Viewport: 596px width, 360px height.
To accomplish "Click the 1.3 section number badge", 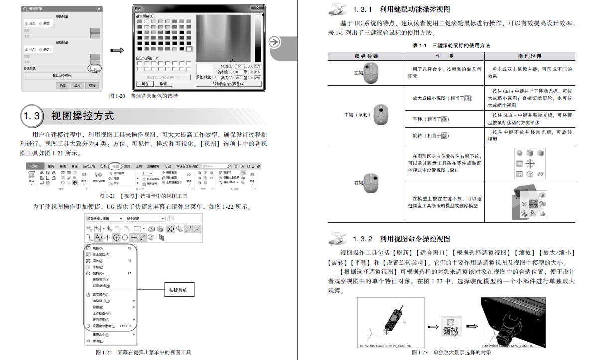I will coord(32,116).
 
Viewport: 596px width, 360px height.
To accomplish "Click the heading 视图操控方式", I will coord(83,116).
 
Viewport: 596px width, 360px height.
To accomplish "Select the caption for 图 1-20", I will coord(143,96).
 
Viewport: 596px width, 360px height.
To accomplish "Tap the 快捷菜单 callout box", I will coord(178,290).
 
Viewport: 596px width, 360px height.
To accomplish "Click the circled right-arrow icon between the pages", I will coord(274,42).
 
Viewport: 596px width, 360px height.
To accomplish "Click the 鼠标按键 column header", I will coord(366,56).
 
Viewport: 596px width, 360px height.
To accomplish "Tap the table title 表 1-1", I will coord(451,46).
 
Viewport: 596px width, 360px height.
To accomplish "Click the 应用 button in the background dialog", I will coord(77,85).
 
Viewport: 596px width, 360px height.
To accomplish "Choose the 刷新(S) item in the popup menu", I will coord(98,248).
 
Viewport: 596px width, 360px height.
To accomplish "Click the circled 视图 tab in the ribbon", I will coord(116,166).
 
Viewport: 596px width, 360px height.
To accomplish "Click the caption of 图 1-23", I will coord(451,353).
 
